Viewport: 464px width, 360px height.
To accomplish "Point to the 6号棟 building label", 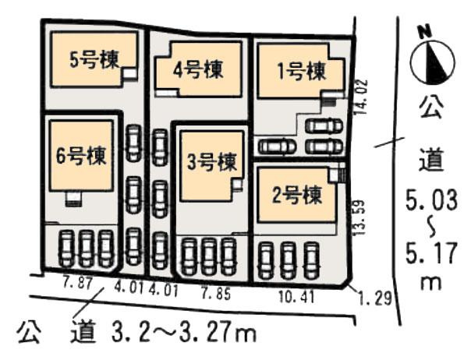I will (x=81, y=153).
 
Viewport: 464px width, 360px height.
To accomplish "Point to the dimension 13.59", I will (x=359, y=220).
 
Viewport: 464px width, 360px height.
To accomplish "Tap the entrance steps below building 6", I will (x=73, y=198).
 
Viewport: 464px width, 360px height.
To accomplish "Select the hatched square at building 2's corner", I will (x=337, y=175).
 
